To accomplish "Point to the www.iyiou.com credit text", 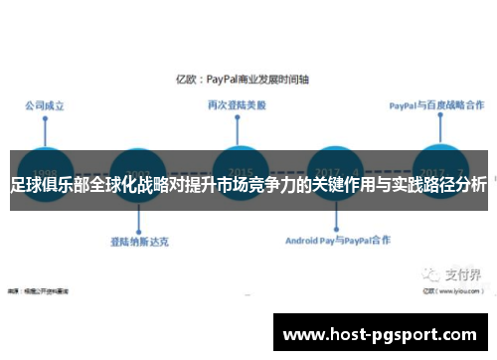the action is (452, 266).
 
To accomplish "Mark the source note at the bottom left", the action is (45, 266).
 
